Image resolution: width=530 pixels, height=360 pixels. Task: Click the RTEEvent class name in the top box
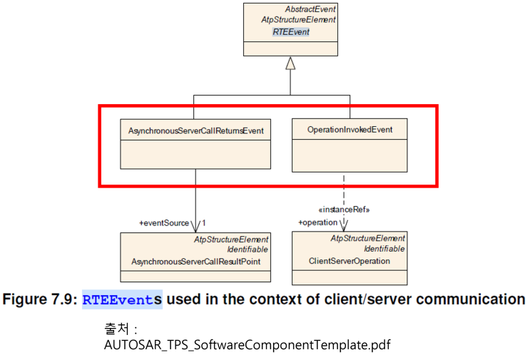point(291,32)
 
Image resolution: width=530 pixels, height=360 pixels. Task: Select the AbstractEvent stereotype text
point(310,9)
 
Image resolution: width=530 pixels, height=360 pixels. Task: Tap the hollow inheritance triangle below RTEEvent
point(290,63)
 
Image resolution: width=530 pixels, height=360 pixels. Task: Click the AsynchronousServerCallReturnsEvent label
point(196,130)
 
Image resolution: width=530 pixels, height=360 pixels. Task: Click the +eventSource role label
point(164,223)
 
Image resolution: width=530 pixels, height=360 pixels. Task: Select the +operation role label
point(317,222)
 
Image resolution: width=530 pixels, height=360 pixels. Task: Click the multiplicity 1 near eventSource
point(203,223)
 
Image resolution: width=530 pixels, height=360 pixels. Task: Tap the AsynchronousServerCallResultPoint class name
point(196,262)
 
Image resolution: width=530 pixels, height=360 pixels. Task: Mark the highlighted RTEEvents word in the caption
point(122,299)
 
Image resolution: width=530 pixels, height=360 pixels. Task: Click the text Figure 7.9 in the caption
point(40,299)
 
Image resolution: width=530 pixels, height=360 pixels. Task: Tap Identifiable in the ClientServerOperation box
point(384,249)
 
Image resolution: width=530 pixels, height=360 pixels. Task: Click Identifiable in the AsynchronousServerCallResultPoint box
point(248,250)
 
